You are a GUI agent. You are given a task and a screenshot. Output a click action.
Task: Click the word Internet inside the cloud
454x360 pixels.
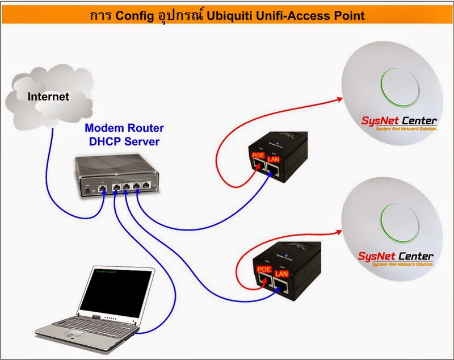pos(48,97)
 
